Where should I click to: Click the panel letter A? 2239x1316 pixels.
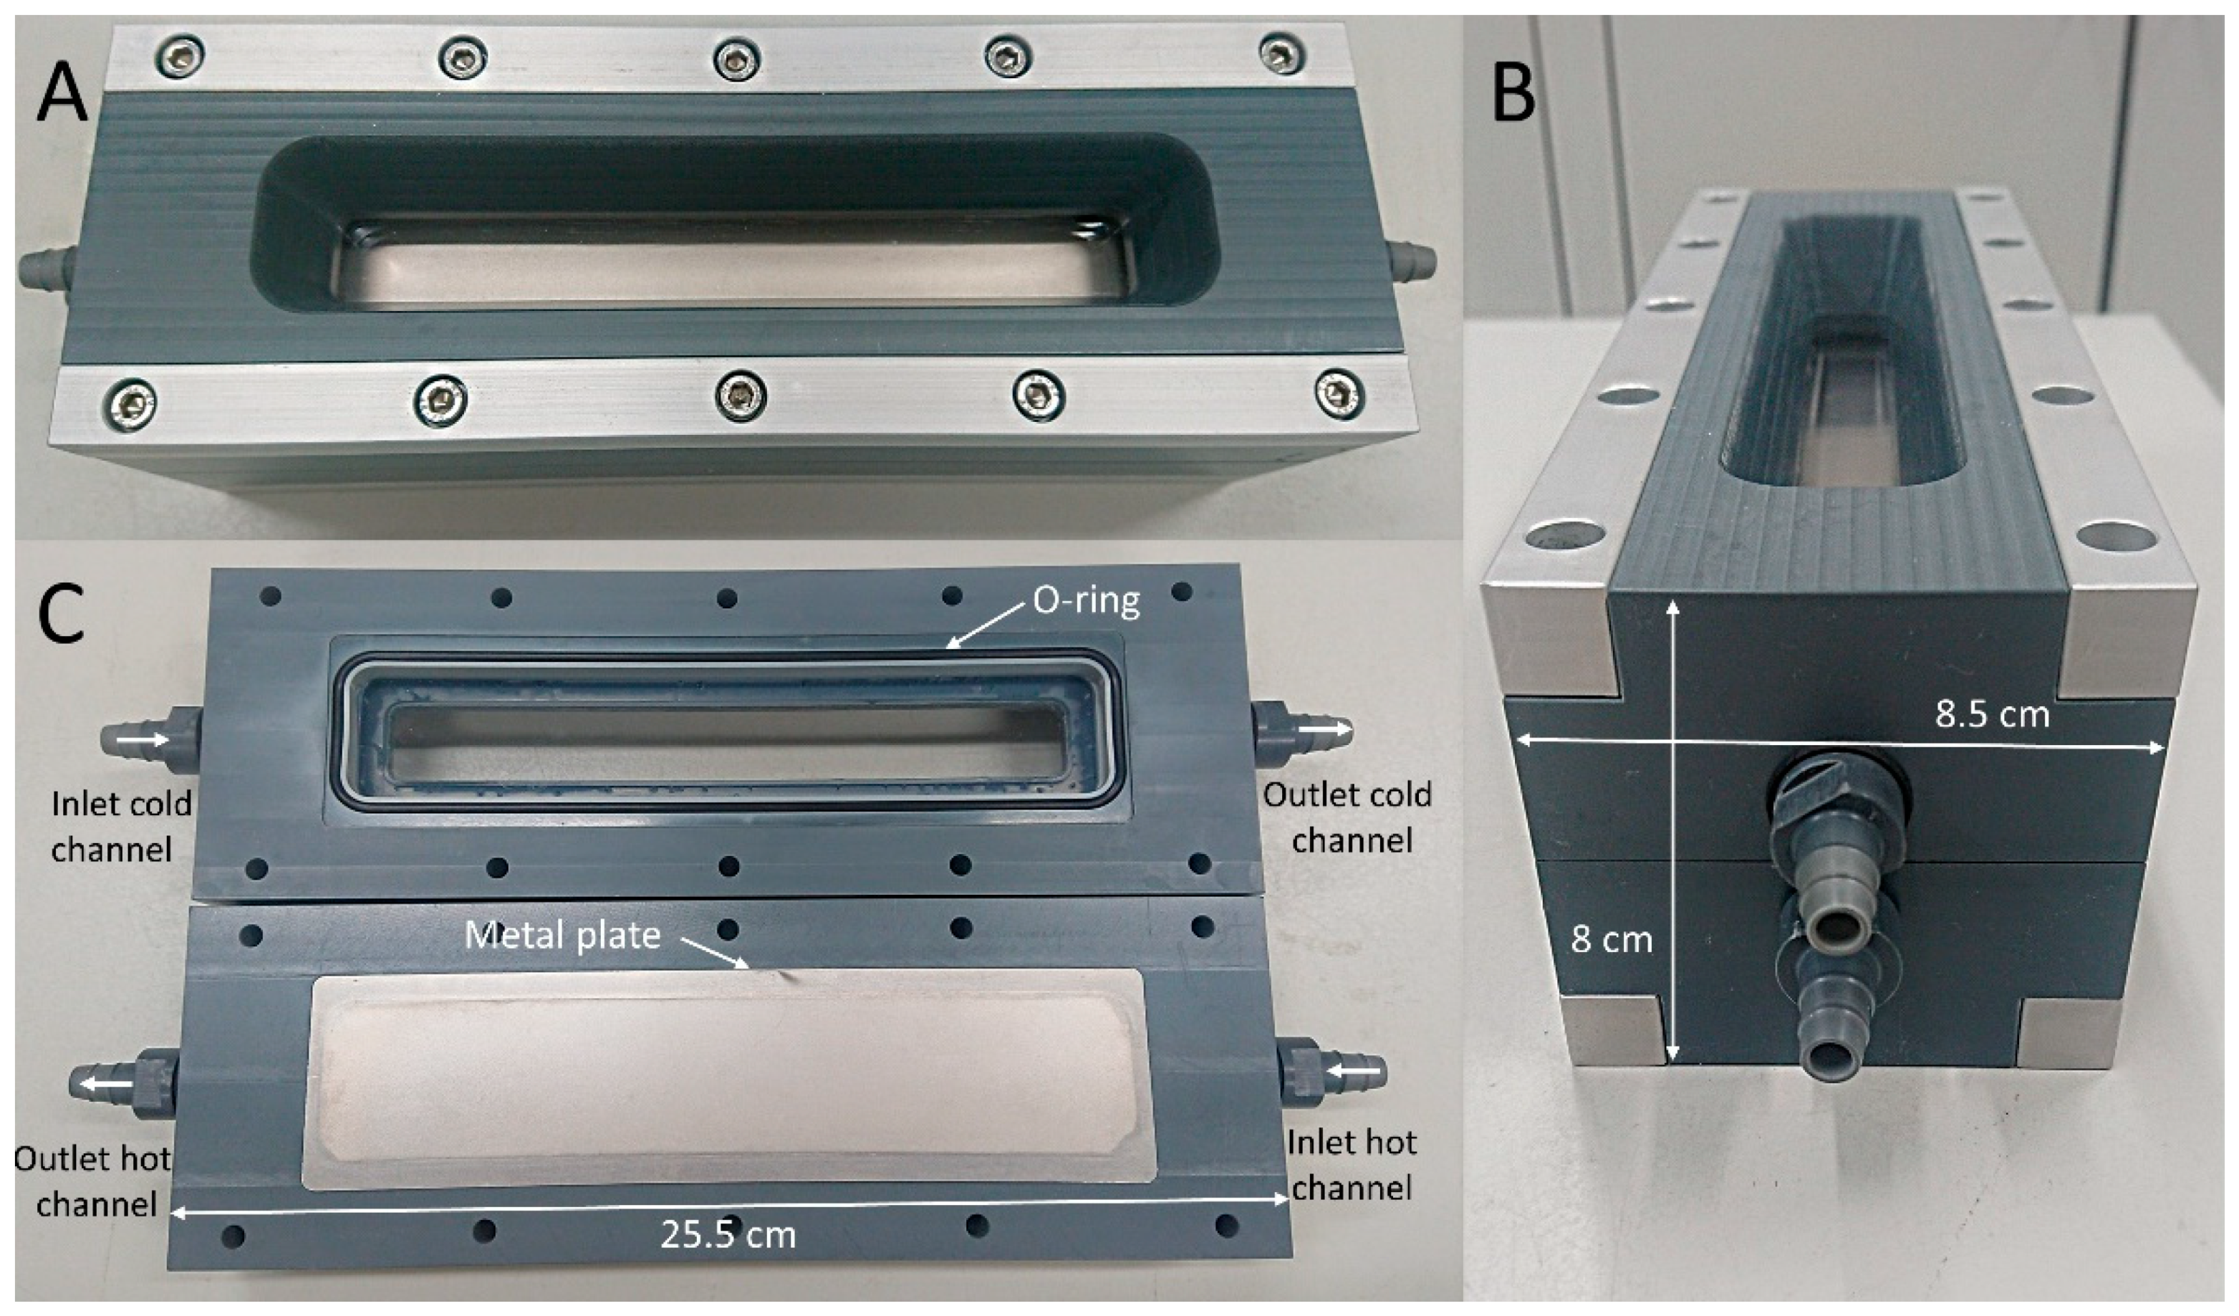click(62, 95)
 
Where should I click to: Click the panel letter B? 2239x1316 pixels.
click(1514, 95)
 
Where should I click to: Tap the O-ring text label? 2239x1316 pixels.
click(1086, 602)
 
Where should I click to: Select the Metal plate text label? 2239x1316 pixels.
click(562, 935)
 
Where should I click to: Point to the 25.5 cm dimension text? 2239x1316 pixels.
click(728, 1234)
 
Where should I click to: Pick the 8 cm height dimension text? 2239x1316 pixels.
click(1611, 939)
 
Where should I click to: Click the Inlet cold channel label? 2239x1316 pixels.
click(121, 827)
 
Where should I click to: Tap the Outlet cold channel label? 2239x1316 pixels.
click(1348, 817)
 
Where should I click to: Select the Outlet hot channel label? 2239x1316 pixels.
click(92, 1182)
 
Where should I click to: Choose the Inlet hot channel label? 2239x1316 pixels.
click(1352, 1165)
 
